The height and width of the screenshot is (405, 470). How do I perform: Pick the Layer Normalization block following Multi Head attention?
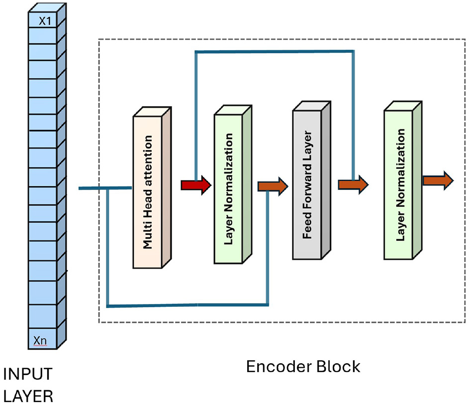click(x=229, y=189)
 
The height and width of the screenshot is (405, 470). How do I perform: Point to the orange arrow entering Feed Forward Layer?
click(x=273, y=187)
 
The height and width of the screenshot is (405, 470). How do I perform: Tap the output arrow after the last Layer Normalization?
click(x=438, y=180)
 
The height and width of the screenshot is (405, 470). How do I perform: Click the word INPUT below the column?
click(x=27, y=374)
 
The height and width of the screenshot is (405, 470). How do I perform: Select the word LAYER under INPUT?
click(x=28, y=397)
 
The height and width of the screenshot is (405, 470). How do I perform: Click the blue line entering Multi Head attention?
click(x=104, y=188)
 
